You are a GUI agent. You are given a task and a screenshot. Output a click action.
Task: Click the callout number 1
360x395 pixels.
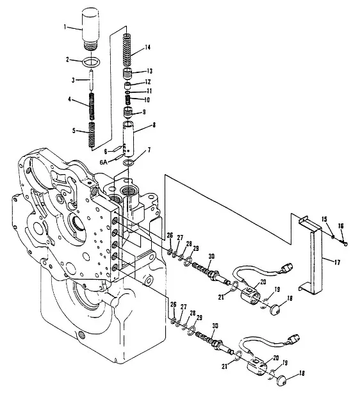coord(65,27)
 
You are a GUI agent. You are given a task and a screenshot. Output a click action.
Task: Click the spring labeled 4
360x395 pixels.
coord(92,106)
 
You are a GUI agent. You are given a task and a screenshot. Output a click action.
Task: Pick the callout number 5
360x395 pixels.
coord(74,131)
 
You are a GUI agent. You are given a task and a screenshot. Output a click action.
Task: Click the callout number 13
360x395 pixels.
coord(149,71)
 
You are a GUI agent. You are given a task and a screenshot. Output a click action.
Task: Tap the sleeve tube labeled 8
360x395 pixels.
coord(128,138)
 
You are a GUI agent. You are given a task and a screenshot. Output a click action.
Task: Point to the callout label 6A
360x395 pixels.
coord(103,162)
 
